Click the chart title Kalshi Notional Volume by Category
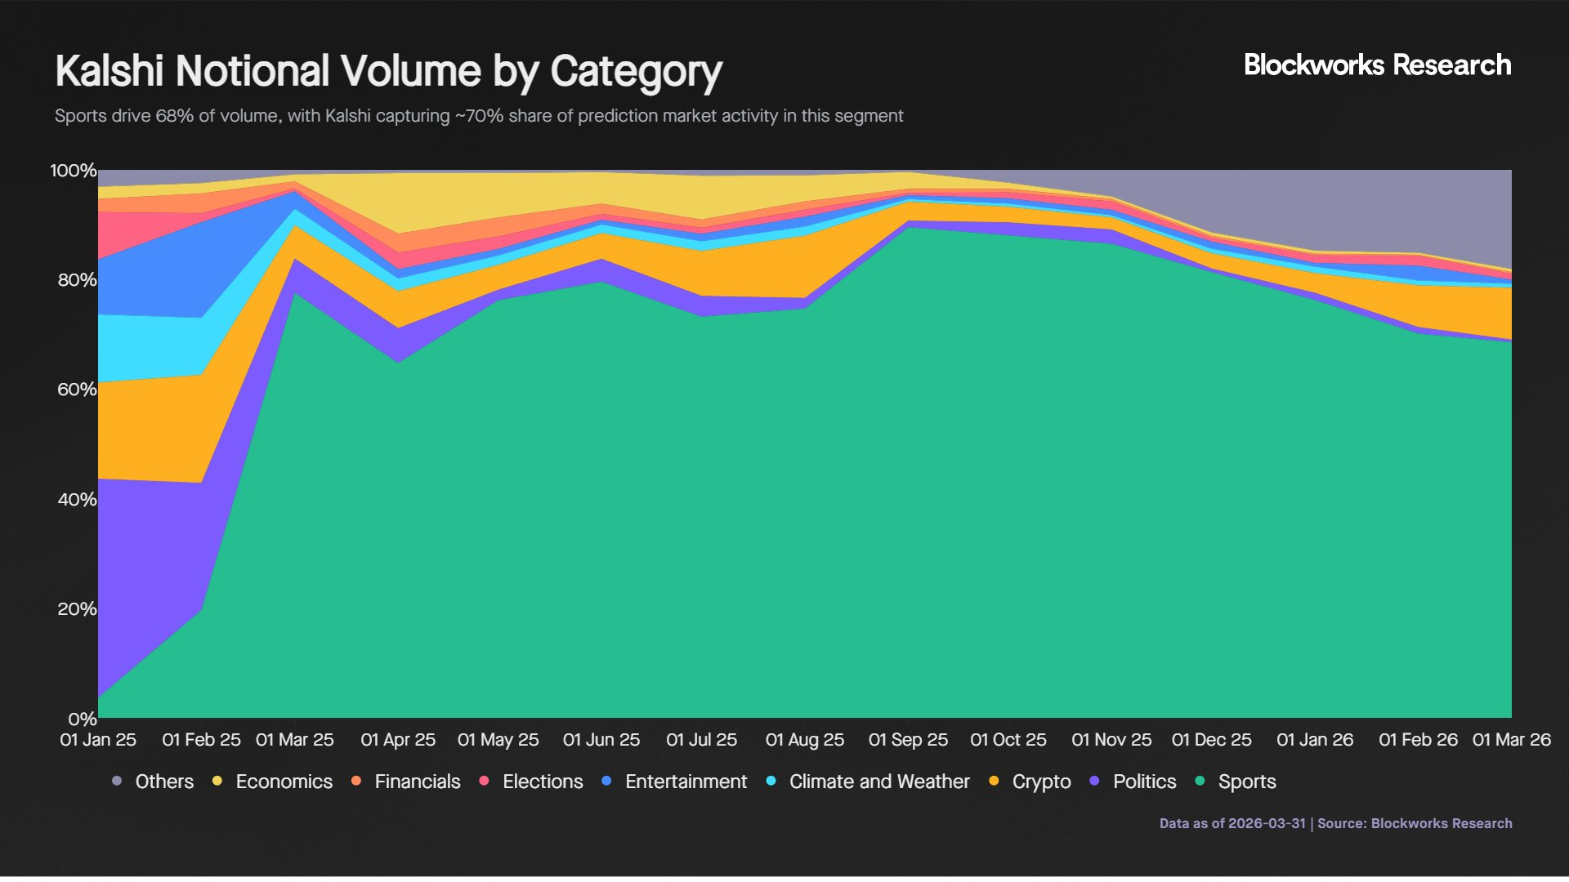(x=388, y=72)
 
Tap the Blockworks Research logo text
(x=1377, y=65)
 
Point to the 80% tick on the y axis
(x=78, y=280)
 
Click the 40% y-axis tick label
(x=78, y=500)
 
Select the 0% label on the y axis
(x=83, y=719)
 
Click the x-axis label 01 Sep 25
(x=908, y=740)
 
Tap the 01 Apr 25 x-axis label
(x=398, y=740)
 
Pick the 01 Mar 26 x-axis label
(x=1511, y=740)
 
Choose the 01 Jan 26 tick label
(x=1315, y=740)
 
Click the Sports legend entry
(x=1246, y=782)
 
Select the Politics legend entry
(x=1144, y=782)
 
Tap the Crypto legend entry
(x=1041, y=782)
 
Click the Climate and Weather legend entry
(x=878, y=782)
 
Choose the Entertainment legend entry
(x=686, y=782)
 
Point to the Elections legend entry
(x=543, y=782)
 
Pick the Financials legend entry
(x=417, y=782)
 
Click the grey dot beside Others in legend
(x=117, y=781)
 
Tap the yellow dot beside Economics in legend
(x=217, y=781)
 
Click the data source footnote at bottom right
(x=1335, y=823)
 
